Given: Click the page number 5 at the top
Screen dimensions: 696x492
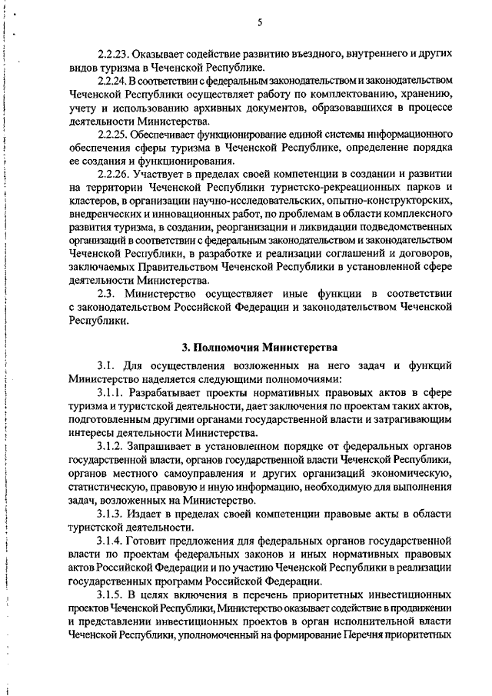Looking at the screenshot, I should coord(260,22).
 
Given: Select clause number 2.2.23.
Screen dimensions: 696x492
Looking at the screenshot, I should coord(113,55).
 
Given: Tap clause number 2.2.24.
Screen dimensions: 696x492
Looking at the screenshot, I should coord(113,80).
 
